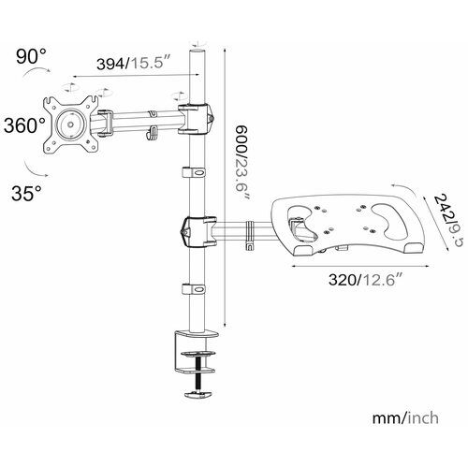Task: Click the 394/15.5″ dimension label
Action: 134,64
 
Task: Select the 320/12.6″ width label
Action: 364,279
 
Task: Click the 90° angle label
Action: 31,56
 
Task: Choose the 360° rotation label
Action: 24,125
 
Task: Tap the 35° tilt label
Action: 26,193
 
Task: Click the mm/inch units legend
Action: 405,418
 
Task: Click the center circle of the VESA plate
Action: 70,124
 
